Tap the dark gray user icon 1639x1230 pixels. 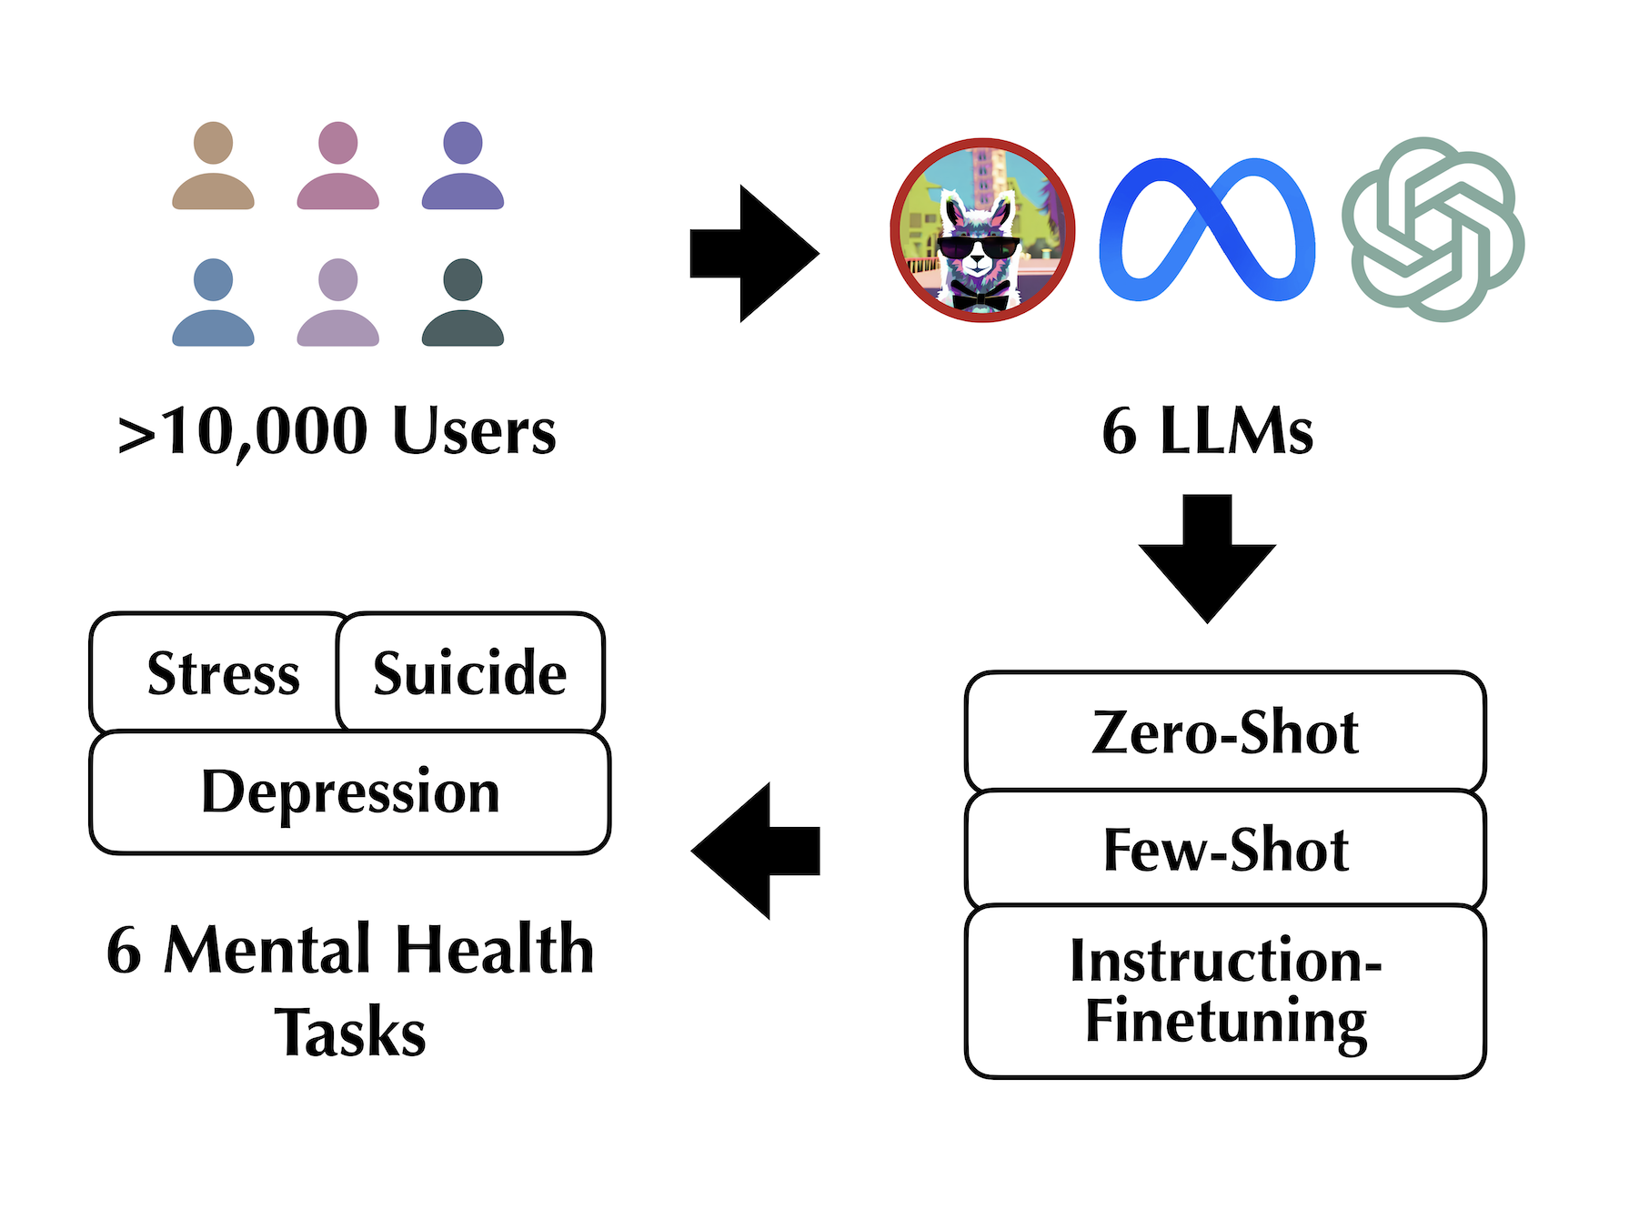click(463, 303)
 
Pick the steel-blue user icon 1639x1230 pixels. click(213, 303)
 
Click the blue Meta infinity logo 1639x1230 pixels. click(1207, 230)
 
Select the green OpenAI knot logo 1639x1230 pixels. click(1433, 229)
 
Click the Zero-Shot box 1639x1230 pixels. click(1224, 732)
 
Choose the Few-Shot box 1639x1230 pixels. click(1224, 850)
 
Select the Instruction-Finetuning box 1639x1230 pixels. click(1224, 992)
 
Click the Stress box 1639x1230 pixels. click(223, 674)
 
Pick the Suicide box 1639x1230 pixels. click(469, 674)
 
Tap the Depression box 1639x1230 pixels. click(350, 792)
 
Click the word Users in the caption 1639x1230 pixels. click(473, 431)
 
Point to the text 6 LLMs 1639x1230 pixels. click(1207, 431)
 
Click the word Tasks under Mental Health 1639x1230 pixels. click(350, 1033)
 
